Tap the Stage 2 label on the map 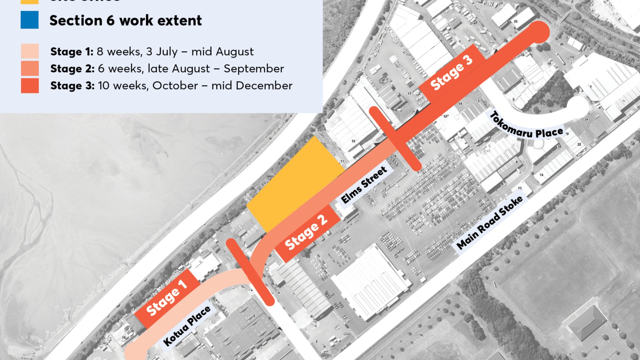tap(306, 232)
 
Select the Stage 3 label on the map tap(452, 73)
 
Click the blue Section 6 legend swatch tap(30, 20)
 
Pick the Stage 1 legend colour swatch tap(30, 51)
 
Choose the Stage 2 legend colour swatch tap(30, 68)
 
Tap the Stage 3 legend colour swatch tap(30, 85)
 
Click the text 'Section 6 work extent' tap(126, 21)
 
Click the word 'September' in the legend tap(254, 69)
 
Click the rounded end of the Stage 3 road tap(537, 32)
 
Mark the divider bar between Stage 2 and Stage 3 tap(395, 139)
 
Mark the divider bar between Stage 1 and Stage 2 tap(250, 272)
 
